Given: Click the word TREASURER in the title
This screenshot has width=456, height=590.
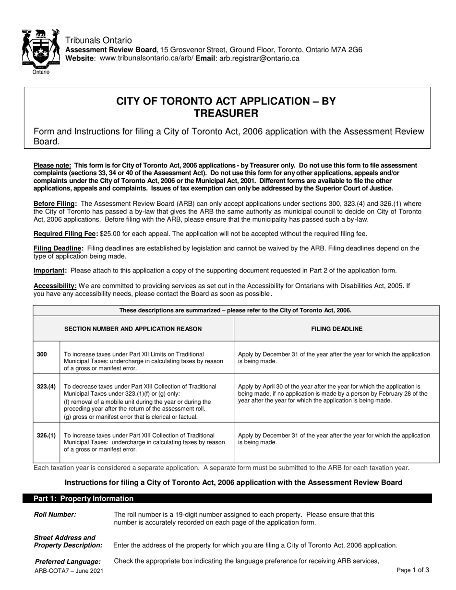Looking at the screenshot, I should point(226,114).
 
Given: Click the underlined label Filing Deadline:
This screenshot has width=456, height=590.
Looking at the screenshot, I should point(58,248).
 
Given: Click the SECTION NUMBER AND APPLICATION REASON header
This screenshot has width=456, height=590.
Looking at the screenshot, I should point(133,329).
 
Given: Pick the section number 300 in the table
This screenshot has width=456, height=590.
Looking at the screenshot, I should point(42,354).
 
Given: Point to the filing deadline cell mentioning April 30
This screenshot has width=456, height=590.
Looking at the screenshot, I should point(332,393).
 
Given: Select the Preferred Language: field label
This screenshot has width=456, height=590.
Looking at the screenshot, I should point(68,561).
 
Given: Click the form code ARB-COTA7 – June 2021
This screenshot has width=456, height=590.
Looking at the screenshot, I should point(69,571).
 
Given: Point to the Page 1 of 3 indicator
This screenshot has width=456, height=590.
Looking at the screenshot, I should point(413,570).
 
